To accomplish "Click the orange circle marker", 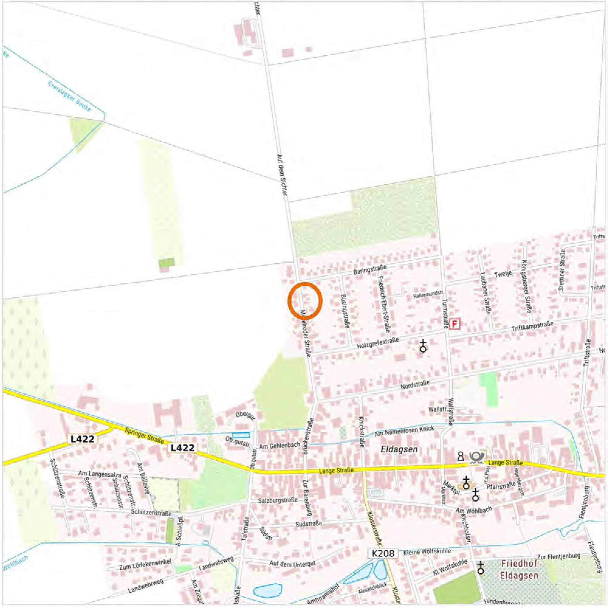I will pos(305,300).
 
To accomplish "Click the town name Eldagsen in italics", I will pos(399,449).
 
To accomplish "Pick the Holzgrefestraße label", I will pos(378,343).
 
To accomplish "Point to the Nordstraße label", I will pos(415,384).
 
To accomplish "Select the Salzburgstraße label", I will pos(278,500).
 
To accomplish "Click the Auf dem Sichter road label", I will pos(282,175).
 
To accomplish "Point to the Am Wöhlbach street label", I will pos(474,509).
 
